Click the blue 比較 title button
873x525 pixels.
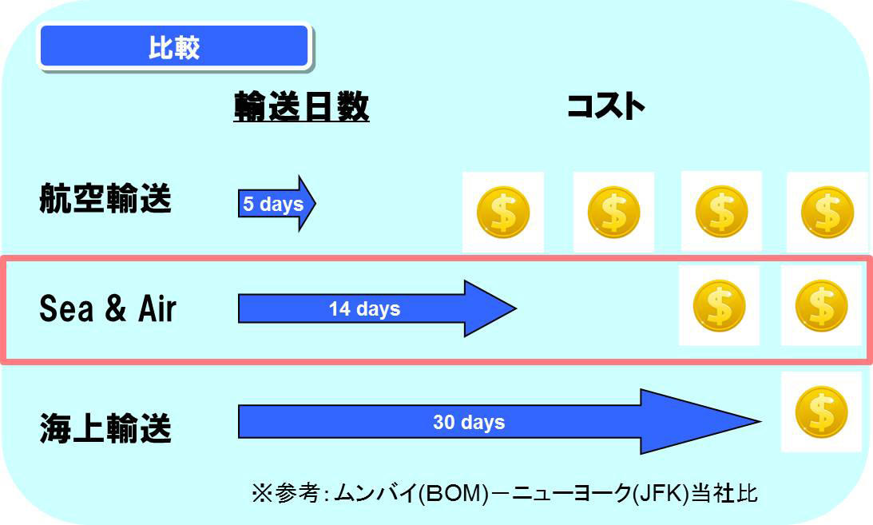[x=173, y=47]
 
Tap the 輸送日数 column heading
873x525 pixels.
[x=301, y=106]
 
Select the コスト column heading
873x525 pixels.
[x=605, y=105]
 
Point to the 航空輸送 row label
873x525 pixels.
[x=105, y=199]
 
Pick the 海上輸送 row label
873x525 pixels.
[x=105, y=428]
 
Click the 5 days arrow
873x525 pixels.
[x=276, y=203]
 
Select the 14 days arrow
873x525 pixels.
[x=378, y=308]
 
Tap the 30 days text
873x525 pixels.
[x=469, y=422]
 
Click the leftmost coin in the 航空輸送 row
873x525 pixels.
[x=503, y=212]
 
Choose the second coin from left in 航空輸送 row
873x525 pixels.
[x=613, y=212]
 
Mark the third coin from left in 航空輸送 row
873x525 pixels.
[x=721, y=212]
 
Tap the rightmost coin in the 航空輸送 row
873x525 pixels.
[x=827, y=212]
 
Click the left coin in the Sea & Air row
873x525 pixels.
[x=720, y=305]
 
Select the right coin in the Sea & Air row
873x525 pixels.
[x=822, y=305]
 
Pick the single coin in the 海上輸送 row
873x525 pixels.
[x=822, y=412]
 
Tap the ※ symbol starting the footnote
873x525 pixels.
[x=260, y=493]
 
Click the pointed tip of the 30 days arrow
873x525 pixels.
[x=760, y=421]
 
